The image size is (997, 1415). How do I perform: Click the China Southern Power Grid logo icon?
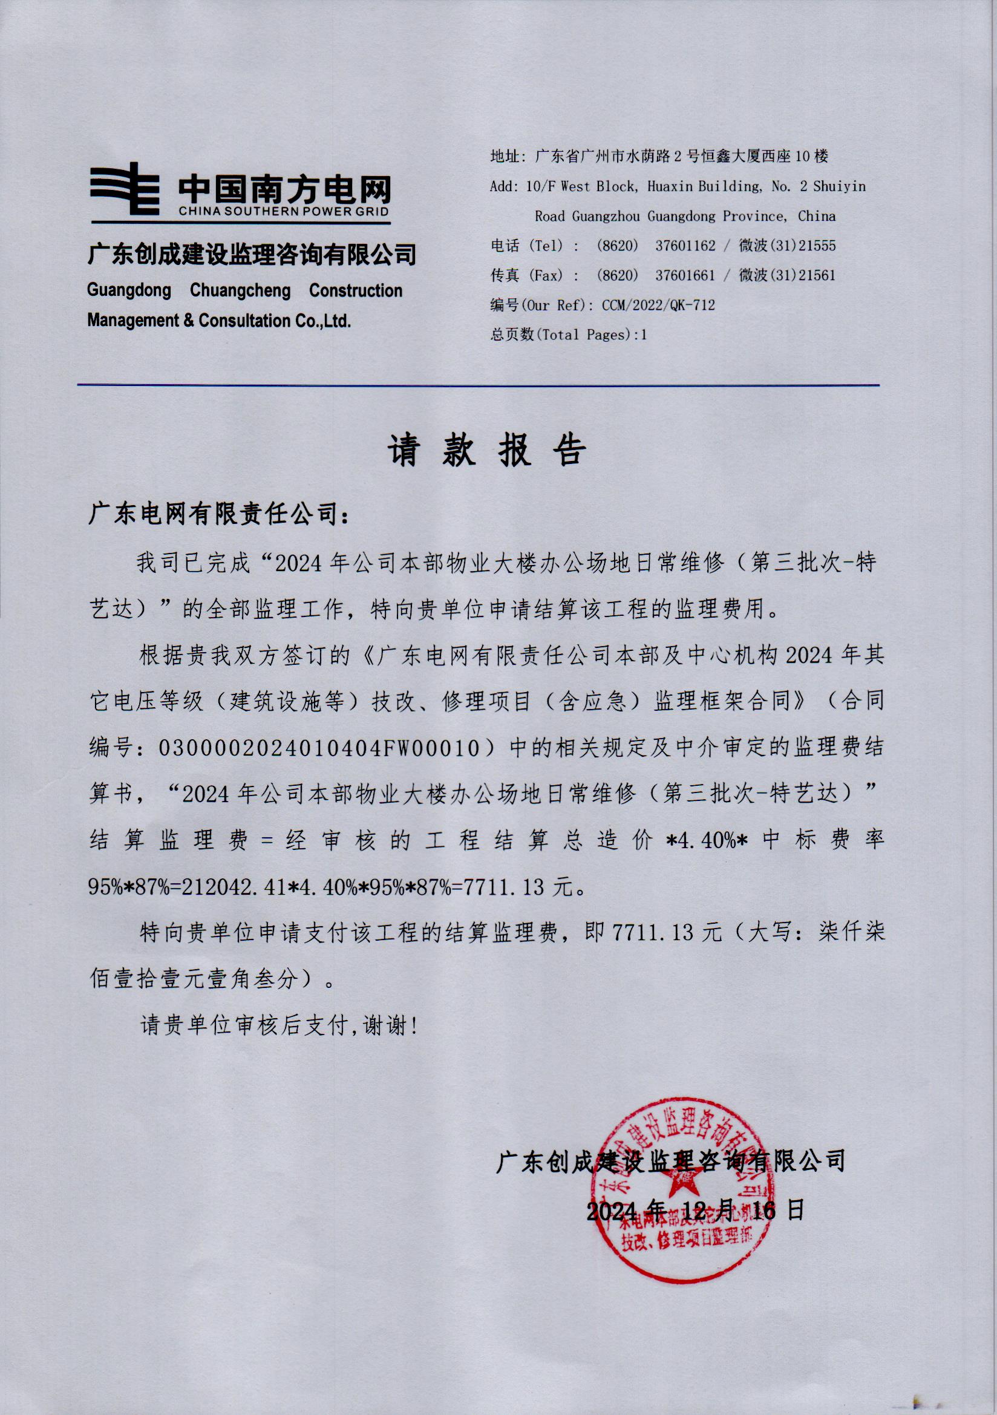[125, 188]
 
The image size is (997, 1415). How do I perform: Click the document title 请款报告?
[486, 451]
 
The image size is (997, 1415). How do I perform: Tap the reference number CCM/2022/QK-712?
[658, 305]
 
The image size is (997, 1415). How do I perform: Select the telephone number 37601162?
[685, 246]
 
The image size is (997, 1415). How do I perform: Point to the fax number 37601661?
[685, 275]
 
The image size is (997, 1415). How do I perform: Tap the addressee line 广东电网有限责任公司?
[219, 513]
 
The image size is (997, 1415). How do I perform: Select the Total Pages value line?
[568, 335]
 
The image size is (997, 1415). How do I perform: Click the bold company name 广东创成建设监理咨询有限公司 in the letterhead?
[252, 254]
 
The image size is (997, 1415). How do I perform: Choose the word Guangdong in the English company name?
[129, 290]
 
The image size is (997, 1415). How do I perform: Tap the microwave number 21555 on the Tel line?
[817, 246]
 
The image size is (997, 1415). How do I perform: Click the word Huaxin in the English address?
[670, 186]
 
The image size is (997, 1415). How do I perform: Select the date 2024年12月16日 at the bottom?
[695, 1211]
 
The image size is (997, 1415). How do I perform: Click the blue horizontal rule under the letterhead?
[478, 385]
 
